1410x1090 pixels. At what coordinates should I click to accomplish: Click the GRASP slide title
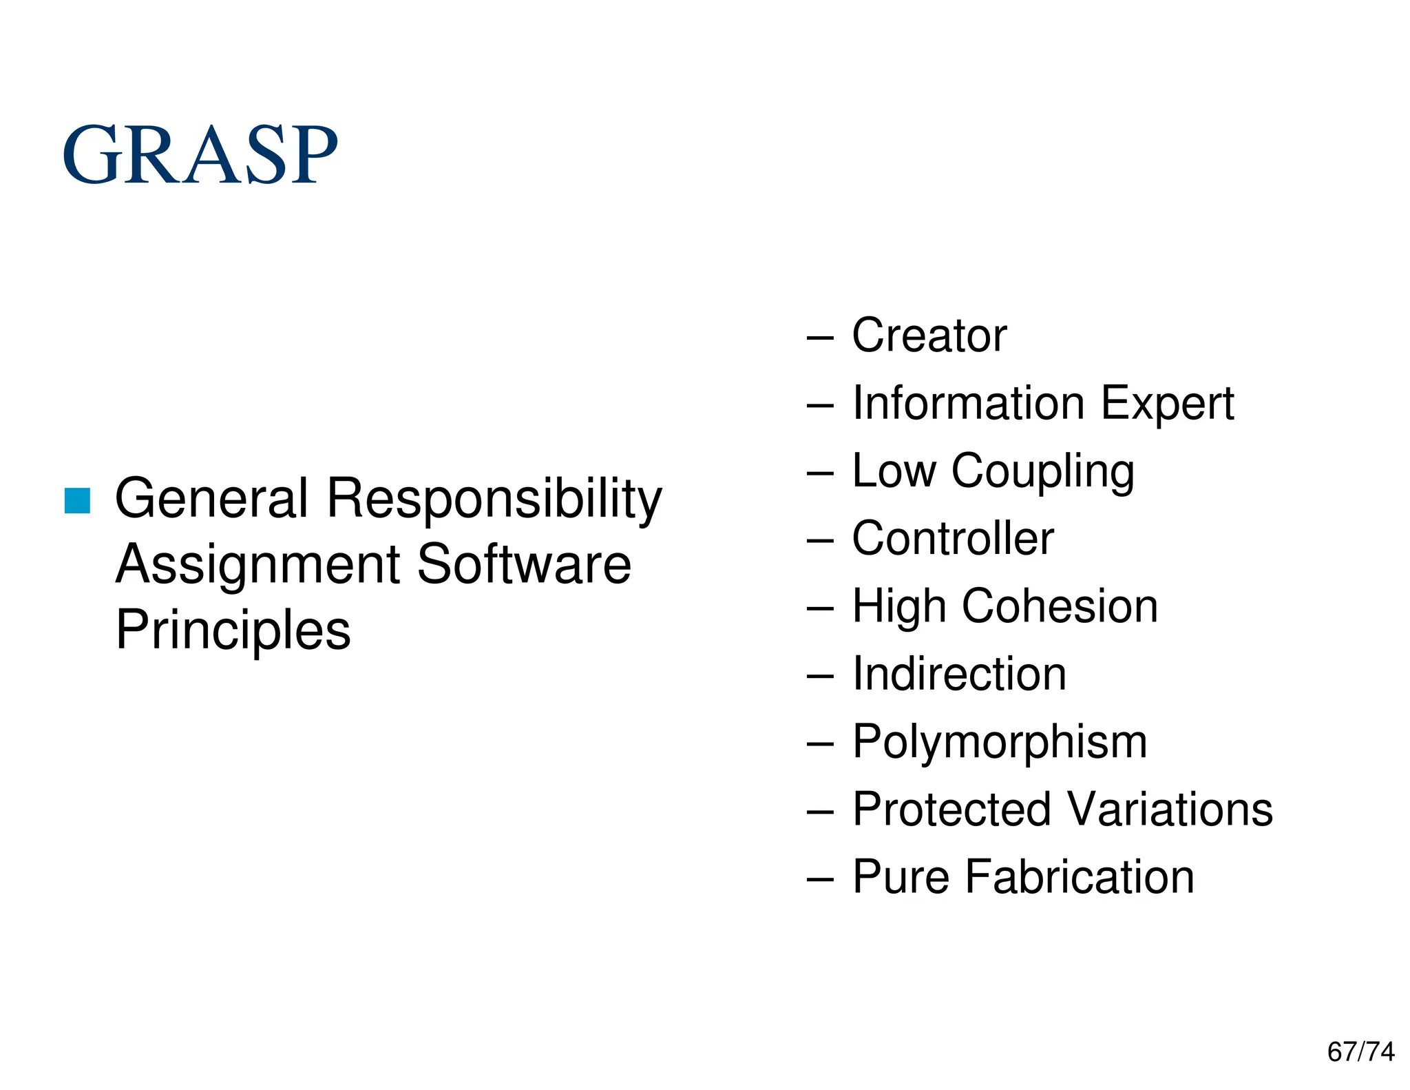(x=200, y=154)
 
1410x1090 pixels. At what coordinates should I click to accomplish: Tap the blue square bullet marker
(x=77, y=501)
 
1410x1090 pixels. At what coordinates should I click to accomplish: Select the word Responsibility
(x=494, y=499)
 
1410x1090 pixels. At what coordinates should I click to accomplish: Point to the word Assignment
(x=257, y=565)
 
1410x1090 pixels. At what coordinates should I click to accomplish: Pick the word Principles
(x=233, y=630)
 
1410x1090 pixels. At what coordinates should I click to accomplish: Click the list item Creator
(x=929, y=336)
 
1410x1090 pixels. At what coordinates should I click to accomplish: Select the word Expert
(x=1167, y=404)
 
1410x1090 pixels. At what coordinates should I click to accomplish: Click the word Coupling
(x=1042, y=472)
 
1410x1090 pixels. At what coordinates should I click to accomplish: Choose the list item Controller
(x=953, y=538)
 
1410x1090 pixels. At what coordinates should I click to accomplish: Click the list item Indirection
(x=959, y=673)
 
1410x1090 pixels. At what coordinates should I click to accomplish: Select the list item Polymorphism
(x=1000, y=743)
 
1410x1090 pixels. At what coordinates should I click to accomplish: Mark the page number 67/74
(x=1360, y=1052)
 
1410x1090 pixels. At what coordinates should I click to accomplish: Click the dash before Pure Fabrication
(x=819, y=879)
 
